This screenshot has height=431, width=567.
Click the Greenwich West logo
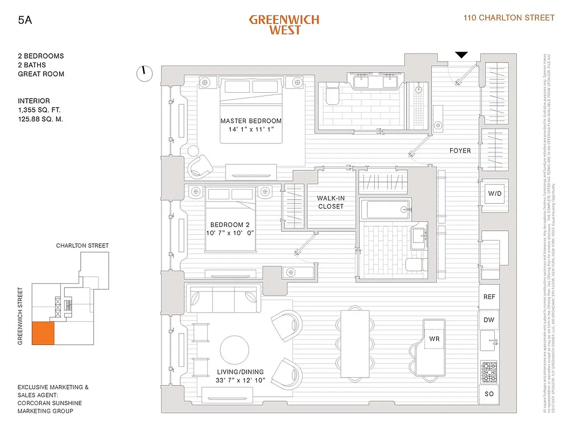pos(284,24)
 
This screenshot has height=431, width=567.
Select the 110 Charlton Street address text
pos(509,18)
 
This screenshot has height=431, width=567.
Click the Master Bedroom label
pos(251,121)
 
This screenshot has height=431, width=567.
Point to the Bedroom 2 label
pos(230,225)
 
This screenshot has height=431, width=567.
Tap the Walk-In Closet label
pos(331,202)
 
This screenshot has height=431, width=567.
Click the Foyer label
pos(460,151)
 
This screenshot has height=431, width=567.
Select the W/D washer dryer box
pos(494,193)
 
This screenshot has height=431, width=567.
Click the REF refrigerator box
pos(489,297)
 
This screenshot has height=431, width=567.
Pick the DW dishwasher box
pos(489,320)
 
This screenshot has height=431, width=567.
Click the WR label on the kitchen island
pos(435,339)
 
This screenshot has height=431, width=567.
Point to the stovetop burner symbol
pos(489,371)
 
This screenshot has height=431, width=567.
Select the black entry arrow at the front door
pos(461,54)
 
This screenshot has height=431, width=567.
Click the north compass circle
pos(145,74)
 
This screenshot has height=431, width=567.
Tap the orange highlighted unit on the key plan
pos(43,333)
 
